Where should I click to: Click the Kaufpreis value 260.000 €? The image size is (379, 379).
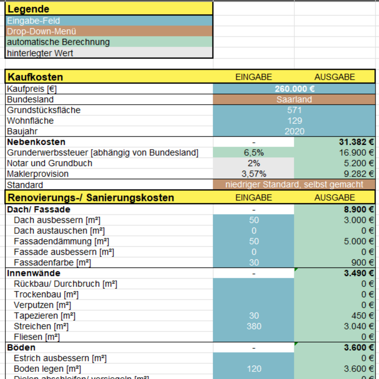coord(294,89)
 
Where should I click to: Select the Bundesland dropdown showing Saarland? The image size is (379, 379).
coord(294,100)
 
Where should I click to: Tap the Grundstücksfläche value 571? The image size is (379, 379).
coord(294,110)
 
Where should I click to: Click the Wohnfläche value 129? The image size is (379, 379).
coord(295,121)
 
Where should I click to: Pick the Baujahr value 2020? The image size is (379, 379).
coord(294,131)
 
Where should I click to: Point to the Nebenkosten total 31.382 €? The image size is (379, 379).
coord(356,142)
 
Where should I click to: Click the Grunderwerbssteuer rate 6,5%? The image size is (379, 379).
coord(254,153)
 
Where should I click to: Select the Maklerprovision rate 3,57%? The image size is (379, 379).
coord(254,174)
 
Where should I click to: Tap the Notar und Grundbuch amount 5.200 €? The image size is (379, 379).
coord(359,163)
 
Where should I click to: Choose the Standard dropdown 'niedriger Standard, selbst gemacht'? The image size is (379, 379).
coord(294,185)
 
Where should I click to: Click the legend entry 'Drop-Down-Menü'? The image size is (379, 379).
coord(41,31)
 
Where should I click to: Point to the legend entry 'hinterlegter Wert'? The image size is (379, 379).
coord(40,53)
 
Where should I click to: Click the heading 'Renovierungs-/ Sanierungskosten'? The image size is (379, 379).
coord(91,198)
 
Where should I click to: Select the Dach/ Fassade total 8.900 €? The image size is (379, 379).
coord(359,210)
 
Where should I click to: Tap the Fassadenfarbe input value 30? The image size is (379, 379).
coord(254,263)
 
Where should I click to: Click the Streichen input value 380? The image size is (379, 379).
coord(254,326)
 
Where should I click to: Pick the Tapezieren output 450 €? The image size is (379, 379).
coord(363,316)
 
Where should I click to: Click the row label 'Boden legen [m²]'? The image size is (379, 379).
coord(47,369)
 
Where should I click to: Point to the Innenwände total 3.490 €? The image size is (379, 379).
coord(359,273)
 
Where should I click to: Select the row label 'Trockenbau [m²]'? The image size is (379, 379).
coord(46,295)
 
